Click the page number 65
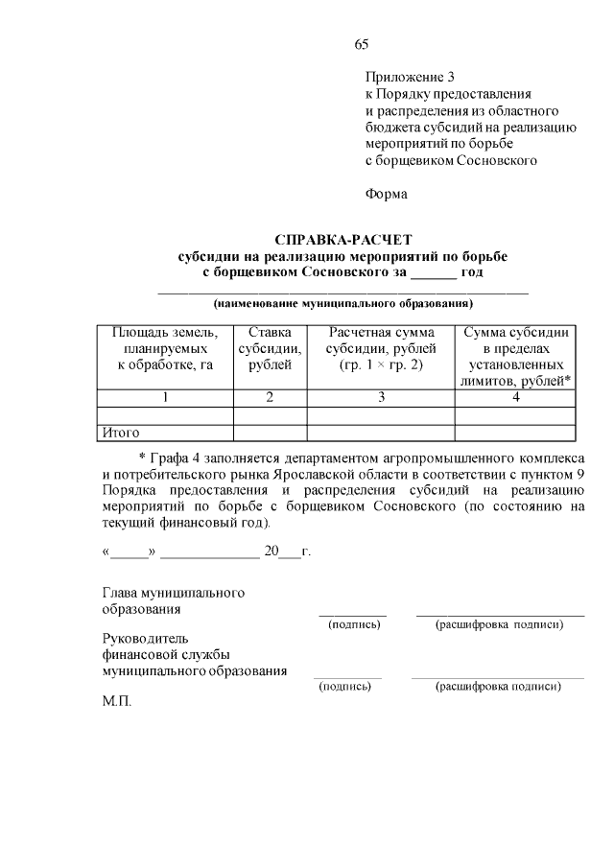tap(362, 44)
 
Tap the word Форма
tap(387, 194)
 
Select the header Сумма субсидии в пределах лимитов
tap(516, 356)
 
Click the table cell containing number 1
tap(165, 397)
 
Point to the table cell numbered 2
tap(270, 397)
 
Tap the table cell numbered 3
tap(381, 397)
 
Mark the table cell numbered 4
tap(516, 397)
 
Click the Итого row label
tap(122, 433)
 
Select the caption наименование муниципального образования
tap(342, 304)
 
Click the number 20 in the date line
tap(272, 551)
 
